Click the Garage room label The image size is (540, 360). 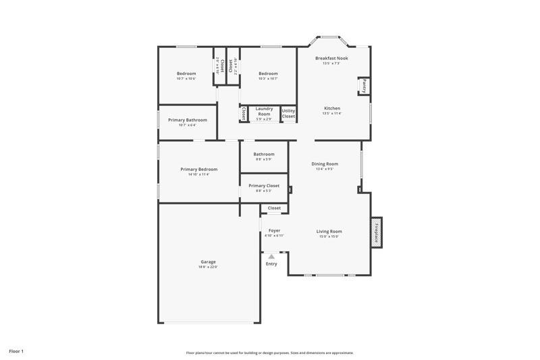click(208, 261)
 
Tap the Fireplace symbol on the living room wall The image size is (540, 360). click(377, 232)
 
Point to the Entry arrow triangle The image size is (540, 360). click(271, 257)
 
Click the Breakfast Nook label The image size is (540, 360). click(332, 58)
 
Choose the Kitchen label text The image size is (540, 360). click(332, 108)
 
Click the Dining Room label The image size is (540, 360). click(325, 163)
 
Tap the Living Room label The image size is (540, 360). click(329, 231)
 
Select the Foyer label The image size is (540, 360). click(274, 230)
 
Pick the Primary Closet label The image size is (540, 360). click(264, 185)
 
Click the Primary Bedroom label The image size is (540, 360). click(198, 169)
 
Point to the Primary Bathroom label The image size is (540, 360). click(188, 120)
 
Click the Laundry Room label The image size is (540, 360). click(264, 111)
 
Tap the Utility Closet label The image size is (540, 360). click(288, 113)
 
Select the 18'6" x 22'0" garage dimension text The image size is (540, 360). click(208, 267)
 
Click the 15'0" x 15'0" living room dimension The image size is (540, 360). click(329, 236)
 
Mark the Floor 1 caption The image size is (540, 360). click(16, 351)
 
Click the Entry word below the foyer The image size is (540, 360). click(271, 263)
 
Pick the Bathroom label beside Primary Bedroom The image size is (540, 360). click(264, 154)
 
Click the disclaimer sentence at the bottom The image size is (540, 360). click(270, 353)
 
